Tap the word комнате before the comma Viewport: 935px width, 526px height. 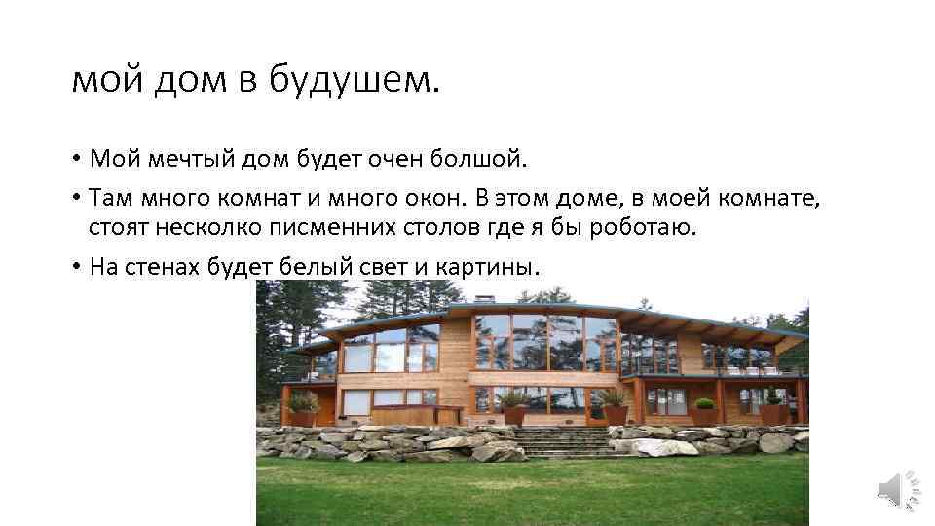tap(774, 199)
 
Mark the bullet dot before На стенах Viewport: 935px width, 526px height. tap(75, 267)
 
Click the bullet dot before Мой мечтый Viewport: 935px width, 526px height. tap(75, 158)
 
